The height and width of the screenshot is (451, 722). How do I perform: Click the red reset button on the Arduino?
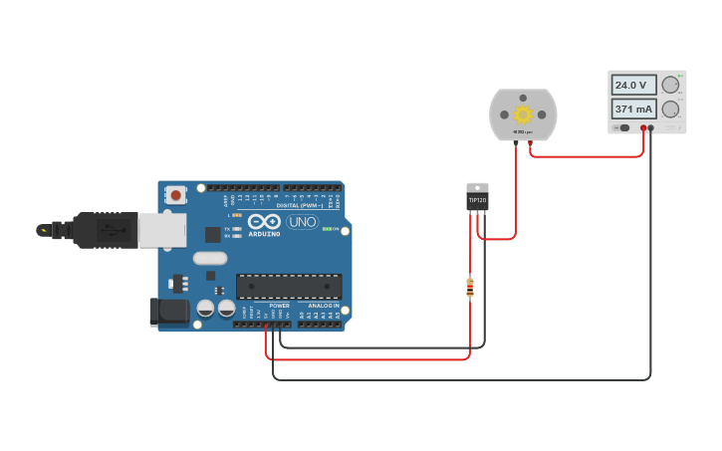pyautogui.click(x=176, y=194)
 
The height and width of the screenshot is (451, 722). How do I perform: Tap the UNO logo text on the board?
pyautogui.click(x=302, y=221)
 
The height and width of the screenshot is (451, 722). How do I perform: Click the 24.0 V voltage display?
pyautogui.click(x=632, y=86)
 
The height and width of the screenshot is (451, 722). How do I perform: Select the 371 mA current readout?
pyautogui.click(x=632, y=109)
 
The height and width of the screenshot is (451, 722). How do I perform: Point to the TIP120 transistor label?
pyautogui.click(x=477, y=200)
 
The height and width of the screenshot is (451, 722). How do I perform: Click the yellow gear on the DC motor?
pyautogui.click(x=523, y=114)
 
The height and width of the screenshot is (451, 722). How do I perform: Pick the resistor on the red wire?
pyautogui.click(x=470, y=288)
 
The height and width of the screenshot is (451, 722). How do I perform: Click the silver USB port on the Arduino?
pyautogui.click(x=161, y=230)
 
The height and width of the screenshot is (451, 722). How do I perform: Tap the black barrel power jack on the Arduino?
pyautogui.click(x=169, y=312)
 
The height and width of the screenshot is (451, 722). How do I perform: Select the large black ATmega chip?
pyautogui.click(x=289, y=287)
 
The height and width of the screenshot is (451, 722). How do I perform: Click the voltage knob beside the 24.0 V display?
pyautogui.click(x=670, y=86)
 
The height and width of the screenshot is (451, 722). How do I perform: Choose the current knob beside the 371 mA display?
pyautogui.click(x=670, y=109)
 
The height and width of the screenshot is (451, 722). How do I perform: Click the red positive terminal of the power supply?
pyautogui.click(x=643, y=128)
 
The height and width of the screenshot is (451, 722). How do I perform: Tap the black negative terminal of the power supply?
pyautogui.click(x=651, y=128)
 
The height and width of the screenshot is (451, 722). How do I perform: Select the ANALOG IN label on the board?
pyautogui.click(x=324, y=306)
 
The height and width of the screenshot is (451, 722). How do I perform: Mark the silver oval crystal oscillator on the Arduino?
pyautogui.click(x=210, y=258)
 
